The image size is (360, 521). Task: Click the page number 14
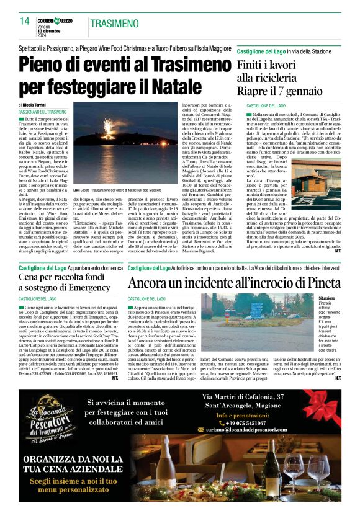(24, 21)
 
